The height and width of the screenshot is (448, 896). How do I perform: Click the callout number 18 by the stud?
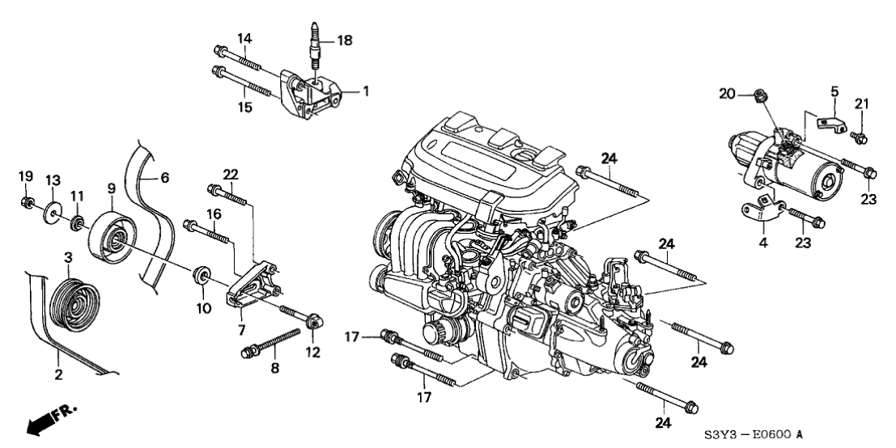(x=345, y=40)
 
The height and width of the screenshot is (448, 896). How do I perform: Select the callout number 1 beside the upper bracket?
(x=365, y=91)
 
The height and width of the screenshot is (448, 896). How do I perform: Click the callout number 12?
(x=312, y=352)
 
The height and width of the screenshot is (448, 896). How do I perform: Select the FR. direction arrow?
(x=51, y=421)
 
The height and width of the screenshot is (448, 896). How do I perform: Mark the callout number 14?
(x=245, y=38)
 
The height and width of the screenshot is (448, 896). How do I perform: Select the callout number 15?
(x=245, y=106)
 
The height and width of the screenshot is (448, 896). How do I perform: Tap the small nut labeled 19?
(x=28, y=201)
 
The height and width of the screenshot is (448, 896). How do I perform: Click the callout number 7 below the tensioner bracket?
(x=240, y=329)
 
